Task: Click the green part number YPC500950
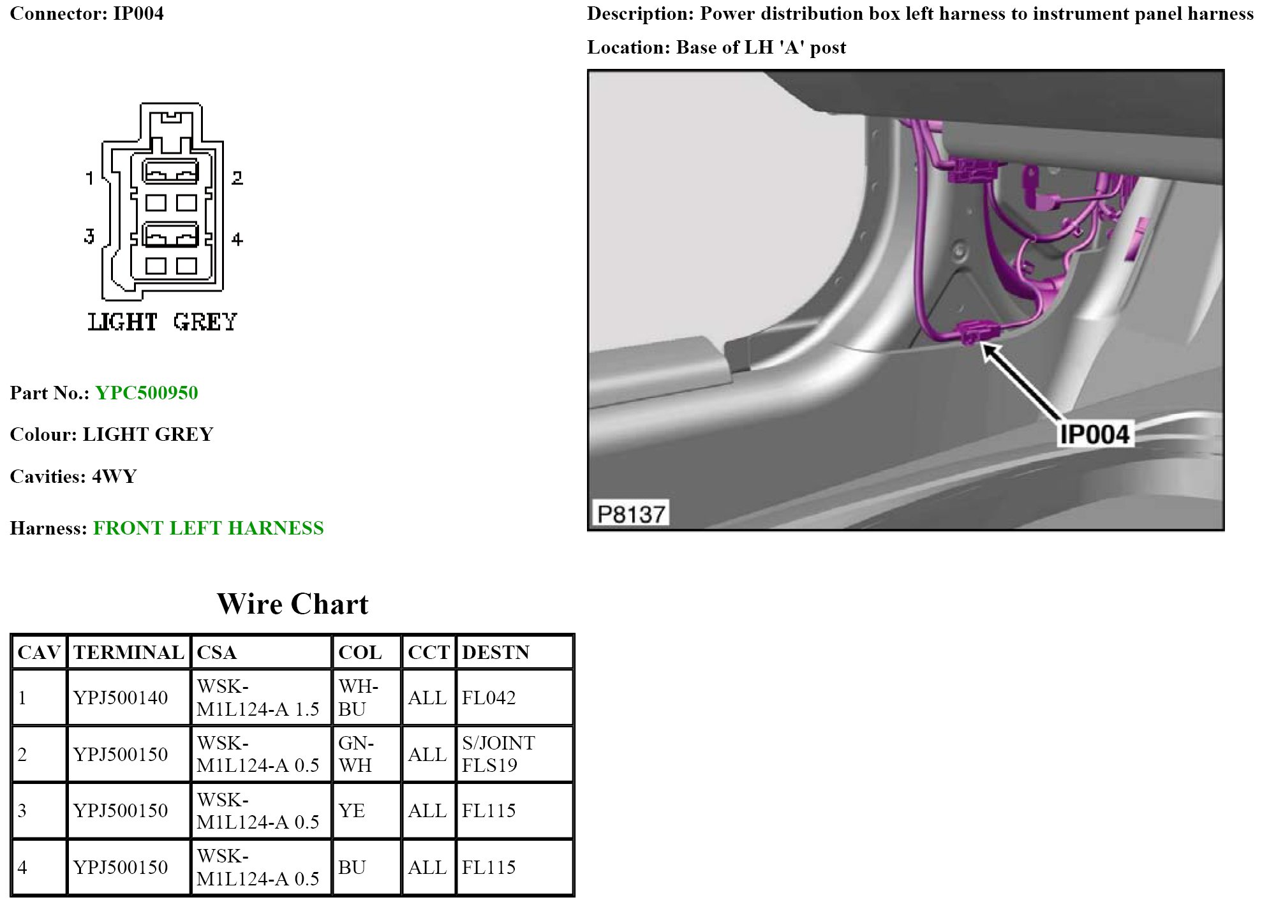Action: pos(147,392)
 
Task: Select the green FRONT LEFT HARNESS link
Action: pos(209,528)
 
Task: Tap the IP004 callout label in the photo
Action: pos(1094,434)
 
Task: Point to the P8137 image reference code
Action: pos(631,514)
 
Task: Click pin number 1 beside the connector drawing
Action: pos(90,177)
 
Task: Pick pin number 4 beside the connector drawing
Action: pos(237,239)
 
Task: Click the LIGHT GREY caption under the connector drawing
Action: pos(162,321)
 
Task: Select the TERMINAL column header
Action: pos(128,652)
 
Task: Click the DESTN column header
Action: pos(496,652)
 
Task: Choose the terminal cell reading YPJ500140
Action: pos(121,697)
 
